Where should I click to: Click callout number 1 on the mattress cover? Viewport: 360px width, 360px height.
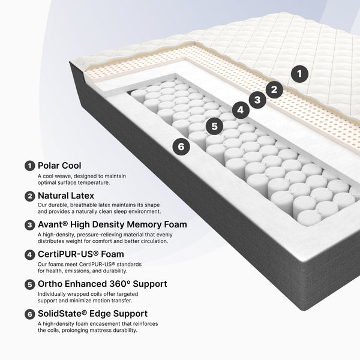[x=299, y=74]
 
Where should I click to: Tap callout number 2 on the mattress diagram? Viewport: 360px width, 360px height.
[x=274, y=89]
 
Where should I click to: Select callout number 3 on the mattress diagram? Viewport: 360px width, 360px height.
[x=257, y=100]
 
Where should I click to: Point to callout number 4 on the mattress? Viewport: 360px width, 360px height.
[x=241, y=110]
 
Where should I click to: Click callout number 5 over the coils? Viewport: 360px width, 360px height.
[x=214, y=126]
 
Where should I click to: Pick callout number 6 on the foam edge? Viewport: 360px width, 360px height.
[x=181, y=146]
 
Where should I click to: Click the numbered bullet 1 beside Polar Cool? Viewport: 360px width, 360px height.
[x=29, y=166]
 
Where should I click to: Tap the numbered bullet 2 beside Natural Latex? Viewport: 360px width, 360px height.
[x=29, y=196]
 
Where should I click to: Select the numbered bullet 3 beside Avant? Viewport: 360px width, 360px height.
[x=29, y=225]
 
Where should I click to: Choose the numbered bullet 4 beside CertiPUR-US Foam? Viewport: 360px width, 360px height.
[x=29, y=255]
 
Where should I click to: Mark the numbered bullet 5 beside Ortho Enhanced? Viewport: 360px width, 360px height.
[x=29, y=284]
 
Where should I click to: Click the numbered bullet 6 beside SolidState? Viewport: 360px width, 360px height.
[x=29, y=314]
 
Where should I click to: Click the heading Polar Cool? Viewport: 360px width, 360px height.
[x=59, y=166]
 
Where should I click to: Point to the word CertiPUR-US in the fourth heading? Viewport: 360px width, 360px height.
[x=66, y=254]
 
